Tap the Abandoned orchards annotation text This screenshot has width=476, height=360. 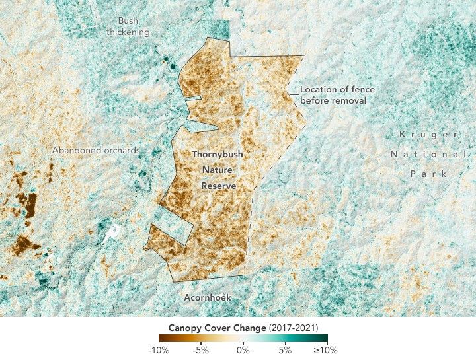coord(96,150)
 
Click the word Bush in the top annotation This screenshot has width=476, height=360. coord(128,21)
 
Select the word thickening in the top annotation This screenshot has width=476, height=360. coord(128,32)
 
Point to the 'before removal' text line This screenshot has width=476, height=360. coord(333,100)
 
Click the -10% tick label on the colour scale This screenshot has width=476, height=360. coord(159,350)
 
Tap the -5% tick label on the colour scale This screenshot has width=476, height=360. coord(201,350)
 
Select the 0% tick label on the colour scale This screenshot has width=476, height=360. coord(243,350)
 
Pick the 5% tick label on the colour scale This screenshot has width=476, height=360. coord(285,350)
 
